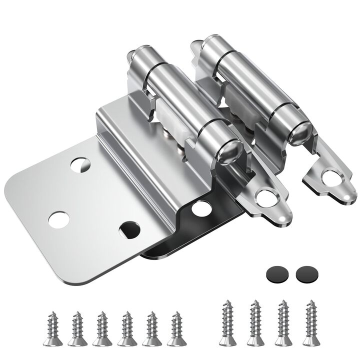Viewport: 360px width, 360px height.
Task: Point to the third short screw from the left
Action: point(101,328)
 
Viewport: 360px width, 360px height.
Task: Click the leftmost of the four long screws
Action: point(227,322)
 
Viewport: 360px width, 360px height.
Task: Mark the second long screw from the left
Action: point(255,322)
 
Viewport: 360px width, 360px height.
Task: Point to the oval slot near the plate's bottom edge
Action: point(130,228)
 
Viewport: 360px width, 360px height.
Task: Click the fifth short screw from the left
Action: point(151,328)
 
